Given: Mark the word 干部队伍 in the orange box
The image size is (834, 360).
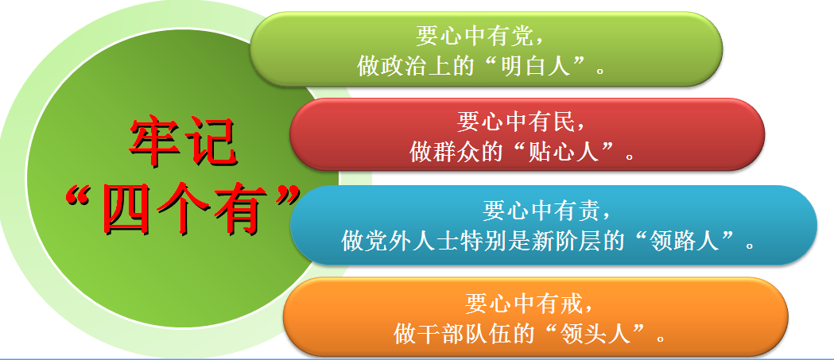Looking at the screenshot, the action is (458, 335).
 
